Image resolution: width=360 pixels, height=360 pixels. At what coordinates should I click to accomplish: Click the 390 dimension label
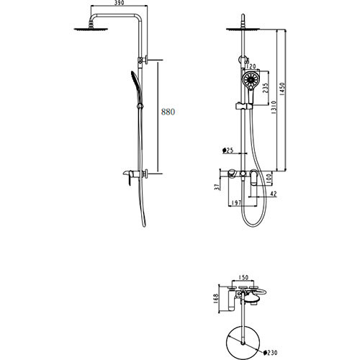tap(119, 3)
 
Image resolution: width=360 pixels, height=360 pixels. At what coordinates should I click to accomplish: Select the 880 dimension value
tap(168, 112)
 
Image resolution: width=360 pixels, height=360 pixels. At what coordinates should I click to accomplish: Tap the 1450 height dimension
tap(282, 89)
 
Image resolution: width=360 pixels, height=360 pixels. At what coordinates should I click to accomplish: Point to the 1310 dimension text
tap(274, 107)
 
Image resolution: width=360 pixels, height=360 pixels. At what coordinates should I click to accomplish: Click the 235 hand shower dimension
tap(265, 89)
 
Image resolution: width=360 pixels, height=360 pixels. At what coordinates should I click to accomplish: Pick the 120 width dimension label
tap(251, 66)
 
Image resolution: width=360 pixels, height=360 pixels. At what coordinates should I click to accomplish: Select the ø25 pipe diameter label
tap(228, 150)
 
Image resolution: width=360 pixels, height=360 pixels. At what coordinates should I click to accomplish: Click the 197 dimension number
tap(236, 203)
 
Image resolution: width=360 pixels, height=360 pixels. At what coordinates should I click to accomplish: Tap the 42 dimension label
tap(273, 194)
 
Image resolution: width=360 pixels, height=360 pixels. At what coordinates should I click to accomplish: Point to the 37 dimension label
tap(217, 187)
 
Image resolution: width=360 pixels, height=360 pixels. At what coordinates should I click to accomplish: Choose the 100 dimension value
tap(269, 178)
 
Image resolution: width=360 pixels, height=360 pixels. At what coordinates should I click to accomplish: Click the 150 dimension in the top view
tap(243, 277)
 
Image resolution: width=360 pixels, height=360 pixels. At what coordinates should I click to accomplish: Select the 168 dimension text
tap(216, 297)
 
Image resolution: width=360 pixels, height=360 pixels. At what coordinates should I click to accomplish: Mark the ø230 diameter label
tap(270, 353)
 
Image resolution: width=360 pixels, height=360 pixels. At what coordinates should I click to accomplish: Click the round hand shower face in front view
tap(251, 79)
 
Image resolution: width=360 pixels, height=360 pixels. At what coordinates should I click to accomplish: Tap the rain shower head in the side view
tap(91, 29)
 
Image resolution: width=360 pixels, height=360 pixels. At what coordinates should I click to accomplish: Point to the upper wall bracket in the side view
tap(143, 60)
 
